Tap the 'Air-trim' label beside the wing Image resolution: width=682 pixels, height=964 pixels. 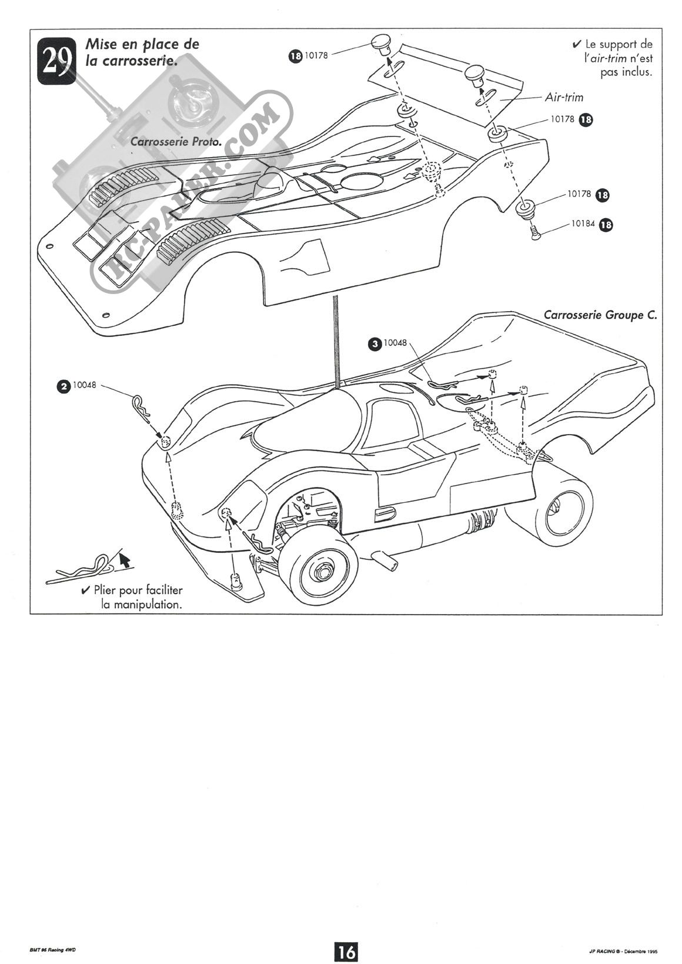point(564,97)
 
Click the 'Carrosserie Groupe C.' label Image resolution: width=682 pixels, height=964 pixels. point(600,315)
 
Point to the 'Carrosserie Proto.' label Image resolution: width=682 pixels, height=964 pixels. point(176,142)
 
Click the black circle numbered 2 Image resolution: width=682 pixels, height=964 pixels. point(62,386)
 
